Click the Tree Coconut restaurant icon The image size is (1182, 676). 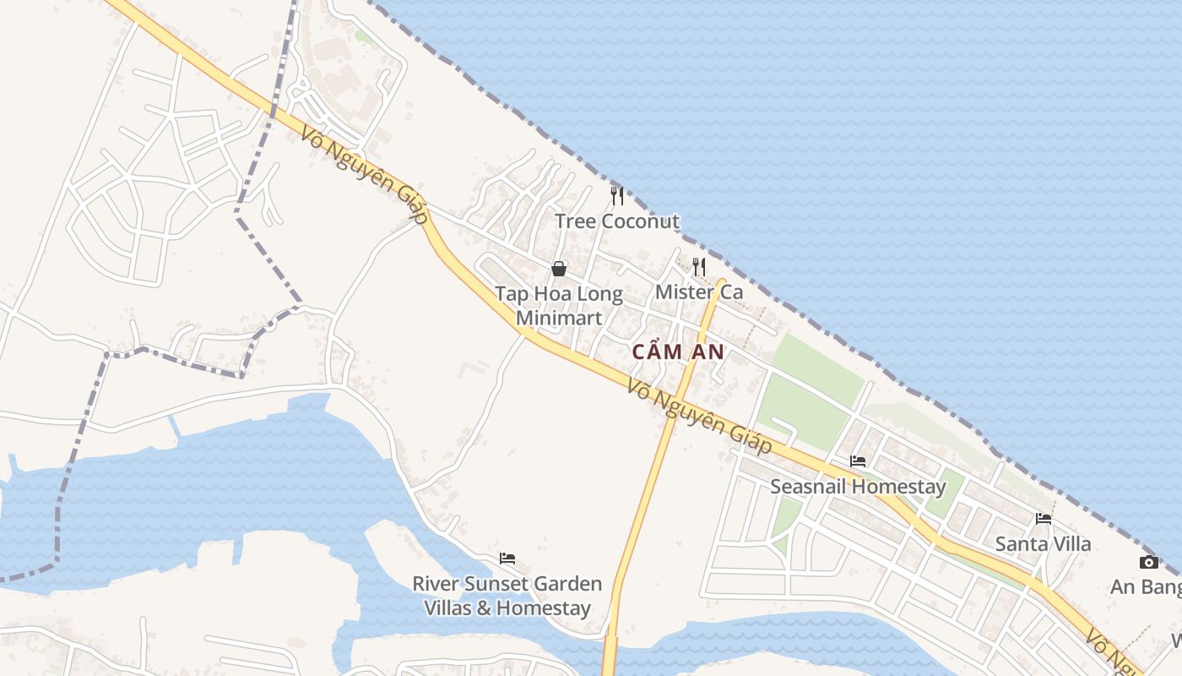pyautogui.click(x=617, y=196)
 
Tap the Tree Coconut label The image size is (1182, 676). pyautogui.click(x=617, y=221)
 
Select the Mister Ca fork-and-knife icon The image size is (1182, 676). pyautogui.click(x=699, y=267)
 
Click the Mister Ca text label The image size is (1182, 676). pyautogui.click(x=699, y=292)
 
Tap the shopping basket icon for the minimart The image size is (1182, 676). pyautogui.click(x=559, y=270)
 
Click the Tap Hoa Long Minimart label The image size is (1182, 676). pyautogui.click(x=559, y=306)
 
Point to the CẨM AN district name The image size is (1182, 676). pyautogui.click(x=678, y=352)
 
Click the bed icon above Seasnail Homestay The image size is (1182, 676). pyautogui.click(x=858, y=461)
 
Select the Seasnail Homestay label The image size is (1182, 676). pyautogui.click(x=858, y=487)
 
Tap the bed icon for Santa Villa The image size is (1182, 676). pyautogui.click(x=1044, y=518)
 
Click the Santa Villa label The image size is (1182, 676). pyautogui.click(x=1044, y=543)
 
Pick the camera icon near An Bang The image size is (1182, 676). pyautogui.click(x=1148, y=563)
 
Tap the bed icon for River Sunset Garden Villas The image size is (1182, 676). pyautogui.click(x=507, y=559)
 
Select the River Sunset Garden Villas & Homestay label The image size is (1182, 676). pyautogui.click(x=507, y=596)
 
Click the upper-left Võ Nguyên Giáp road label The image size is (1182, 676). pyautogui.click(x=361, y=175)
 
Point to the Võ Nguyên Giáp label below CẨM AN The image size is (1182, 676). pyautogui.click(x=700, y=417)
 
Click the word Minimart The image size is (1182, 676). pyautogui.click(x=559, y=318)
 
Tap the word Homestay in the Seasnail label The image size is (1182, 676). pyautogui.click(x=902, y=487)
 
